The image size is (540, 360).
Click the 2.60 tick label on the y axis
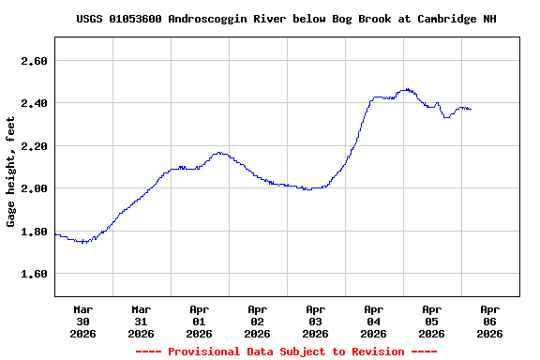pyautogui.click(x=35, y=61)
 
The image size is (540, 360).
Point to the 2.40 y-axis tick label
pyautogui.click(x=35, y=103)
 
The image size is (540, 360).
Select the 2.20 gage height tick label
pyautogui.click(x=35, y=146)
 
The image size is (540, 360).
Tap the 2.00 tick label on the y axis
pyautogui.click(x=35, y=188)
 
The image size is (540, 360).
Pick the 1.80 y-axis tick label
pyautogui.click(x=35, y=232)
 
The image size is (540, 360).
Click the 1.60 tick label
pyautogui.click(x=35, y=274)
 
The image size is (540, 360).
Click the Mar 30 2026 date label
pyautogui.click(x=83, y=321)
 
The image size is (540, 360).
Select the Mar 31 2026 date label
pyautogui.click(x=142, y=321)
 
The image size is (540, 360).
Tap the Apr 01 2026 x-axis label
pyautogui.click(x=200, y=321)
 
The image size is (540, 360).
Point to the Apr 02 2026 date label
pyautogui.click(x=258, y=321)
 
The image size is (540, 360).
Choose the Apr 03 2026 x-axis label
pyautogui.click(x=316, y=321)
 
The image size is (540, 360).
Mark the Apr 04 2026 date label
pyautogui.click(x=374, y=321)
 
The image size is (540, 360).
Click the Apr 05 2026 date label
pyautogui.click(x=432, y=321)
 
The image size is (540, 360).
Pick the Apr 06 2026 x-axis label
pyautogui.click(x=490, y=321)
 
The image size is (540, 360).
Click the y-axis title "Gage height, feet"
pyautogui.click(x=11, y=172)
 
